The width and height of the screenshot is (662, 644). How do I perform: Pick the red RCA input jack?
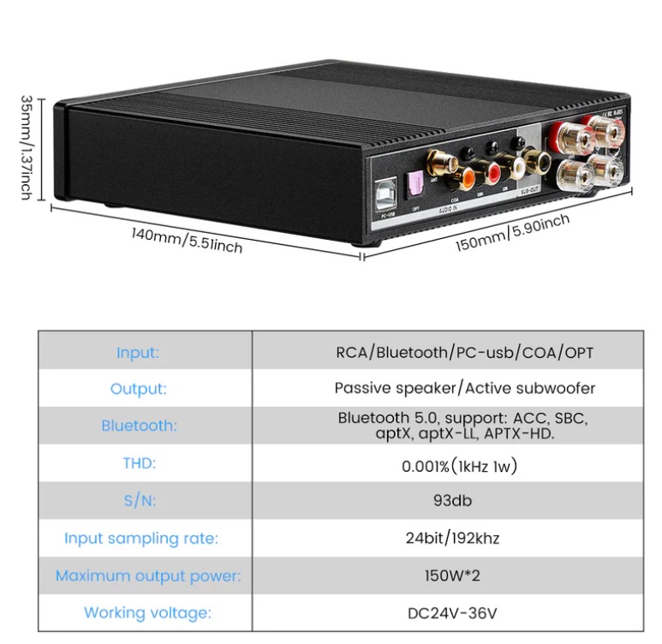pyautogui.click(x=491, y=173)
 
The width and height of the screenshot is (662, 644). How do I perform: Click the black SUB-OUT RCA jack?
pyautogui.click(x=541, y=159)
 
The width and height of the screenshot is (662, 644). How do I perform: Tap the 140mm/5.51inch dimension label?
pyautogui.click(x=187, y=240)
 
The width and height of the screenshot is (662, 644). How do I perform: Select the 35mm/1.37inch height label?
pyautogui.click(x=26, y=147)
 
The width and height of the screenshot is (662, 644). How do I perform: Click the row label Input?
pyautogui.click(x=138, y=352)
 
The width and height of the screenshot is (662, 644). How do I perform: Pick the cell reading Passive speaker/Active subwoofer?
pyautogui.click(x=464, y=388)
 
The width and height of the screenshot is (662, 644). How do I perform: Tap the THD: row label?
pyautogui.click(x=139, y=463)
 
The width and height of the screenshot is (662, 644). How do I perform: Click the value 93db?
pyautogui.click(x=452, y=500)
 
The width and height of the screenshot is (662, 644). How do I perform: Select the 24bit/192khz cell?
pyautogui.click(x=452, y=538)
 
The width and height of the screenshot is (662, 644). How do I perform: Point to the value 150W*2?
pyautogui.click(x=452, y=575)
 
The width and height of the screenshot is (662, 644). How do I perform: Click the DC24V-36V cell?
pyautogui.click(x=452, y=613)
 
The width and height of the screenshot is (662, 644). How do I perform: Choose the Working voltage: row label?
pyautogui.click(x=147, y=613)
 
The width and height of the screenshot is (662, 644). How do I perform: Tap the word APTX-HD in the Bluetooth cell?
pyautogui.click(x=519, y=434)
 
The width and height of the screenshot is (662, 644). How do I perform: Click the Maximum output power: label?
pyautogui.click(x=147, y=575)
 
